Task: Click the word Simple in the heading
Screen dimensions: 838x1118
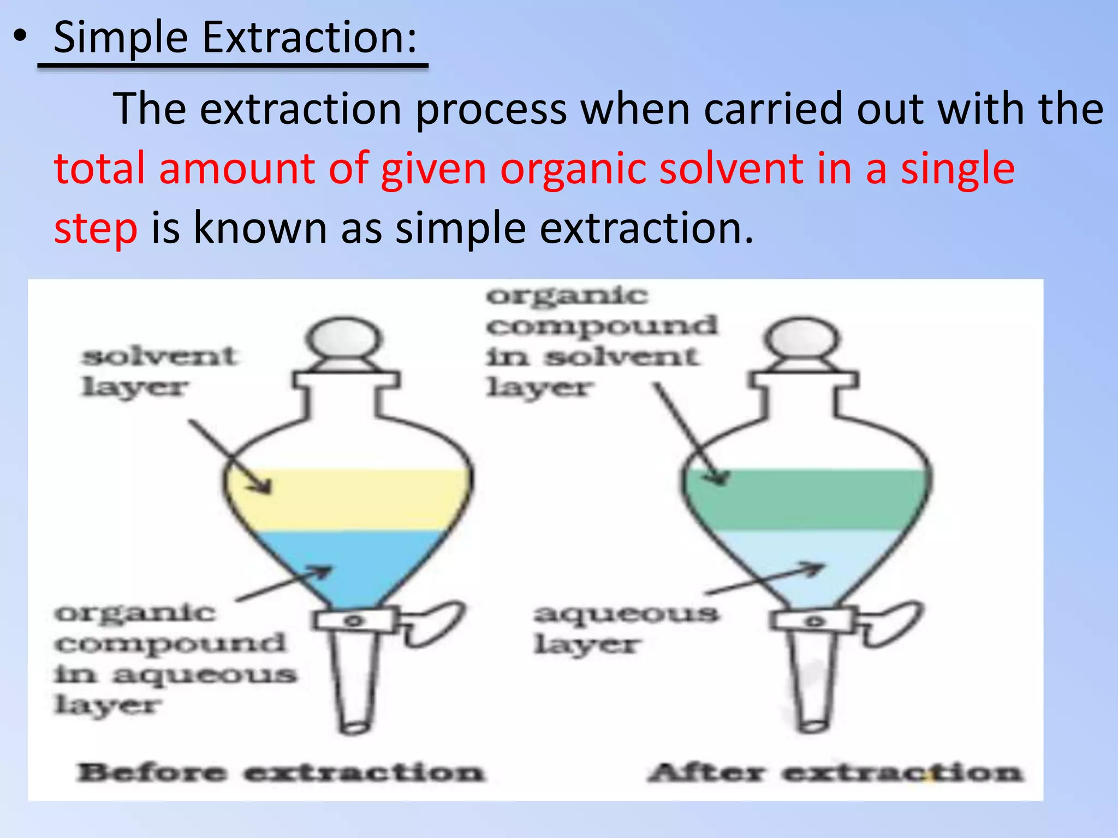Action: pos(121,38)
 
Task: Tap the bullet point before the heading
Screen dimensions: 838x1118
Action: pos(20,37)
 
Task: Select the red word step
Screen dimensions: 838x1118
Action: pos(96,228)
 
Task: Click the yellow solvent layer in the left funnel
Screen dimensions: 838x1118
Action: pos(349,499)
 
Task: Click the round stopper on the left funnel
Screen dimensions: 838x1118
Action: pos(343,339)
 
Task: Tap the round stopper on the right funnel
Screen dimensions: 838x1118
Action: pos(801,339)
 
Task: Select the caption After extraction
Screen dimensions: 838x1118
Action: pos(835,773)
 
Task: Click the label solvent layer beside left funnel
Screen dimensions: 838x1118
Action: pos(158,372)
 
